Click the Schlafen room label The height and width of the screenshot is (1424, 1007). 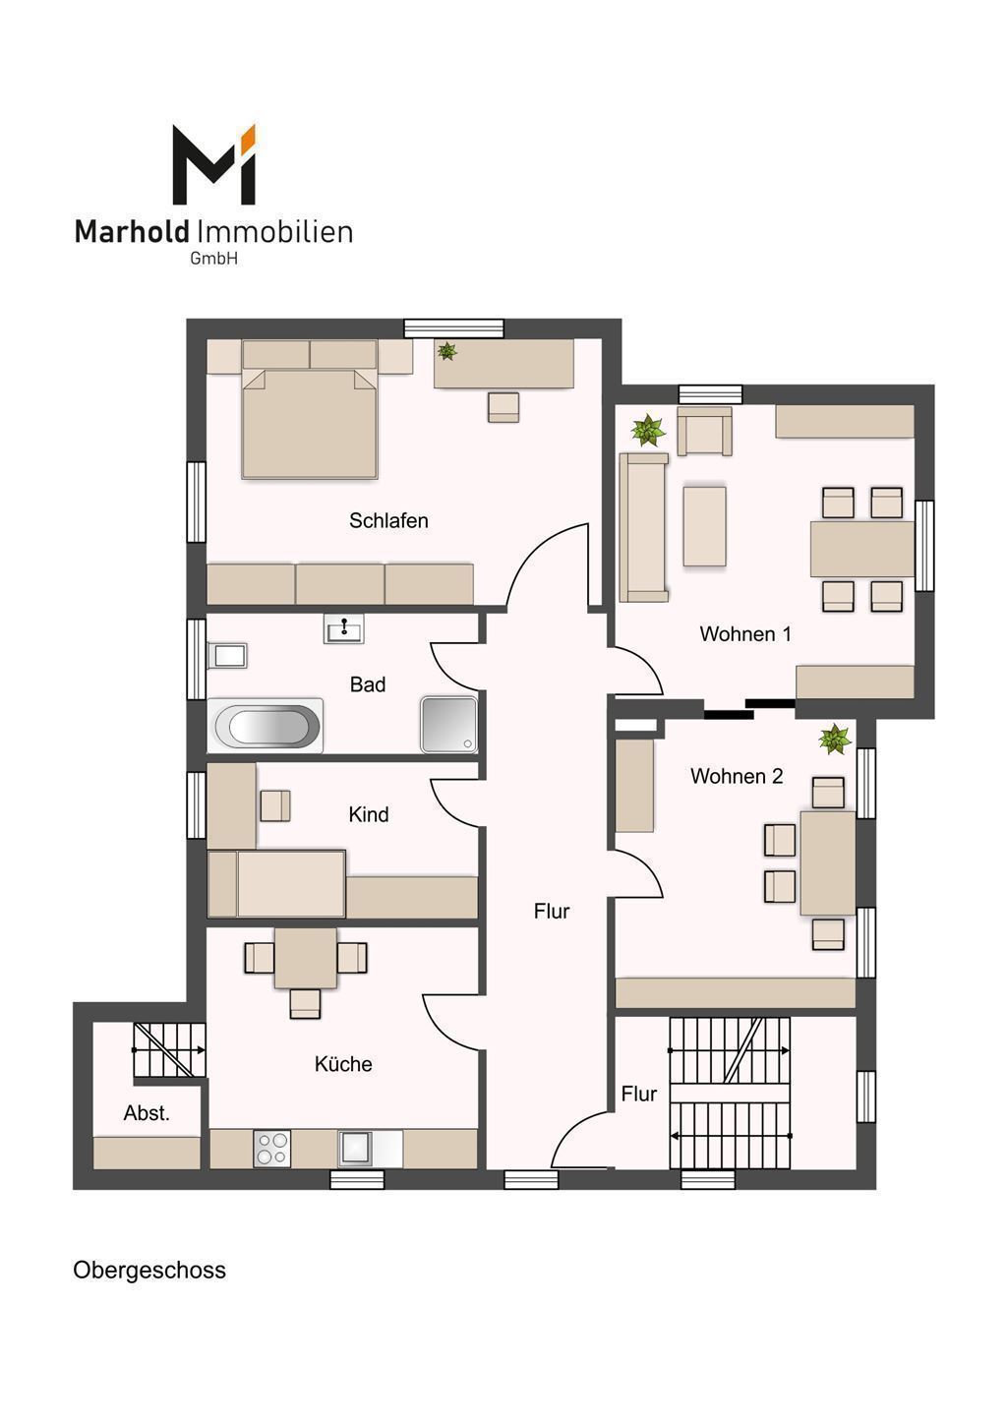point(388,520)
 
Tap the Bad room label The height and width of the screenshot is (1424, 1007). point(368,684)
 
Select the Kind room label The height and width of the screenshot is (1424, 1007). point(368,814)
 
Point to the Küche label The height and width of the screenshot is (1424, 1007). point(343,1063)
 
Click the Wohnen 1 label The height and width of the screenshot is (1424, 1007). point(745,633)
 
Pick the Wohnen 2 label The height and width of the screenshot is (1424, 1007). point(737,776)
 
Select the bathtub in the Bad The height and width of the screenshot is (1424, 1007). point(266,726)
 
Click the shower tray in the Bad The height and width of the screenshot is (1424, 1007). point(448,726)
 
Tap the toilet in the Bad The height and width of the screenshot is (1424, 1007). point(227,656)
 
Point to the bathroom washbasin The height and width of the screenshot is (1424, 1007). point(343,628)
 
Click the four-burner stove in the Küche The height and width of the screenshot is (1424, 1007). point(272,1148)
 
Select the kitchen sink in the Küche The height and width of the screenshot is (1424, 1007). point(355,1148)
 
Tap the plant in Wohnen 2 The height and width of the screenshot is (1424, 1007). point(835,740)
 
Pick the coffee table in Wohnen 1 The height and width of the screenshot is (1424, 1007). point(704,526)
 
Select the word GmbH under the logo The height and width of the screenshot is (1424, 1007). point(213,259)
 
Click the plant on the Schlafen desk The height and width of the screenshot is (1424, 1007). point(446,350)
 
